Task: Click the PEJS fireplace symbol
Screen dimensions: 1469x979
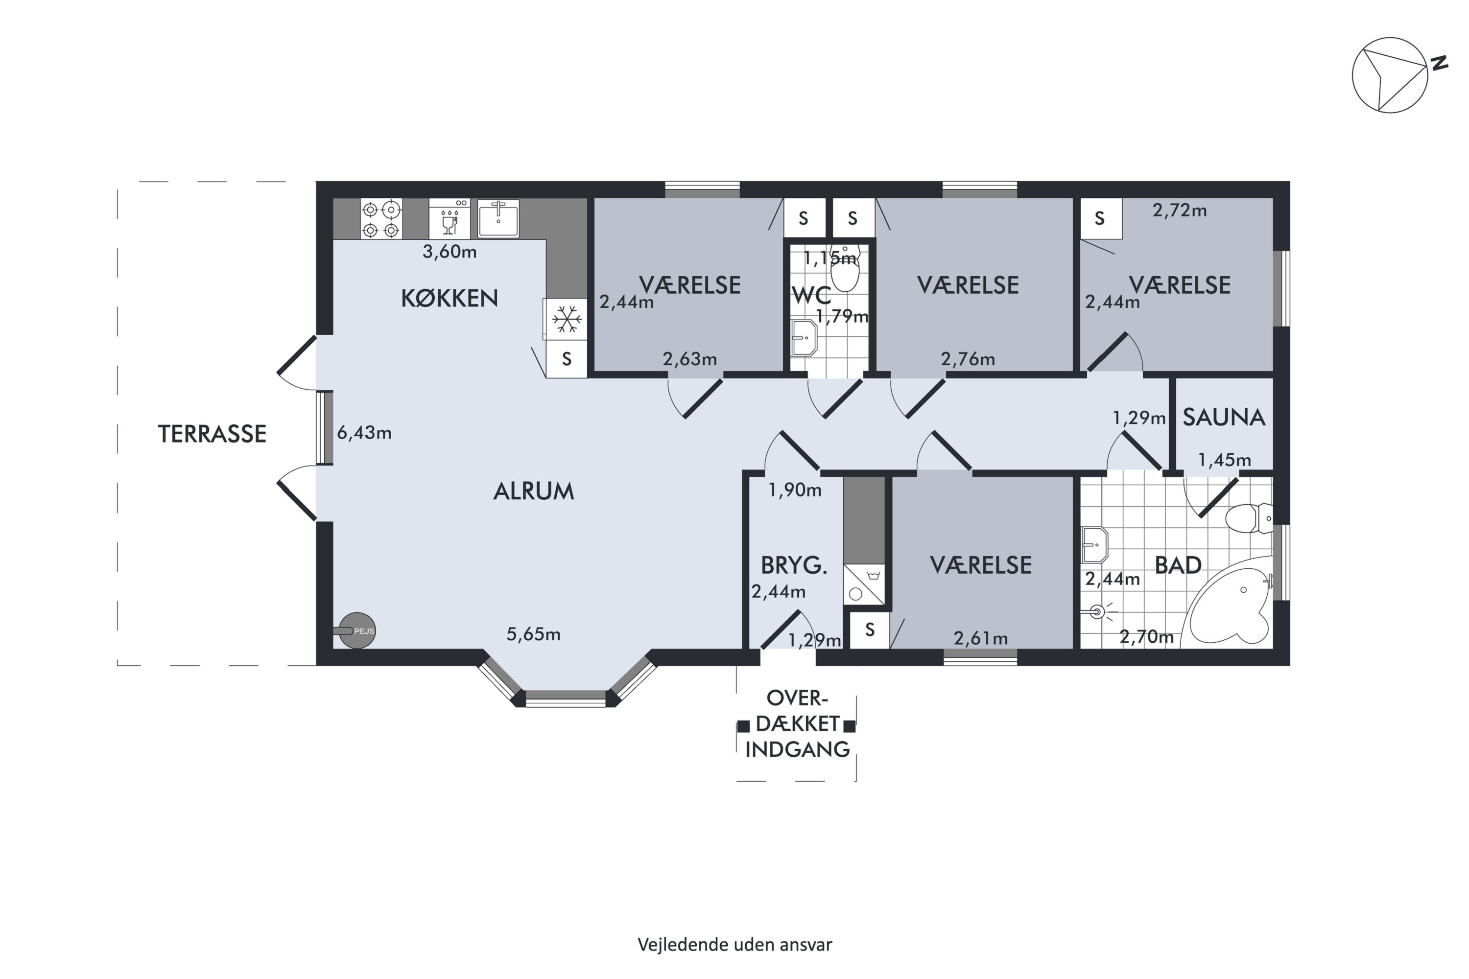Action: [x=356, y=630]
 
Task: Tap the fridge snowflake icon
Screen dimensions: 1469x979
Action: [x=567, y=319]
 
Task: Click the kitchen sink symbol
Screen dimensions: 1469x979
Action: [x=498, y=218]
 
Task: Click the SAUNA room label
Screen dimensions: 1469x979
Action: [x=1224, y=417]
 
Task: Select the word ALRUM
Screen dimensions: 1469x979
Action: [x=533, y=491]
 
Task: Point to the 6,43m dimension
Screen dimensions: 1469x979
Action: [x=364, y=432]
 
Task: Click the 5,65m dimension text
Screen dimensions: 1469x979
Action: [x=533, y=634]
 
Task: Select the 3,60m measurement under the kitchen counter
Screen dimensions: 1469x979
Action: [x=450, y=252]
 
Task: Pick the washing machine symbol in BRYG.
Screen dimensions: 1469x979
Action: [x=864, y=584]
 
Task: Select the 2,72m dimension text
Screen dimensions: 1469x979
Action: [x=1179, y=210]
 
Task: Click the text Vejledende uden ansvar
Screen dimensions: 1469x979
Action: [x=734, y=945]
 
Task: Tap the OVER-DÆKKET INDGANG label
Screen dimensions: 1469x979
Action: [x=797, y=723]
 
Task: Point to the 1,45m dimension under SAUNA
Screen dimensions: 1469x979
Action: [x=1224, y=460]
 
